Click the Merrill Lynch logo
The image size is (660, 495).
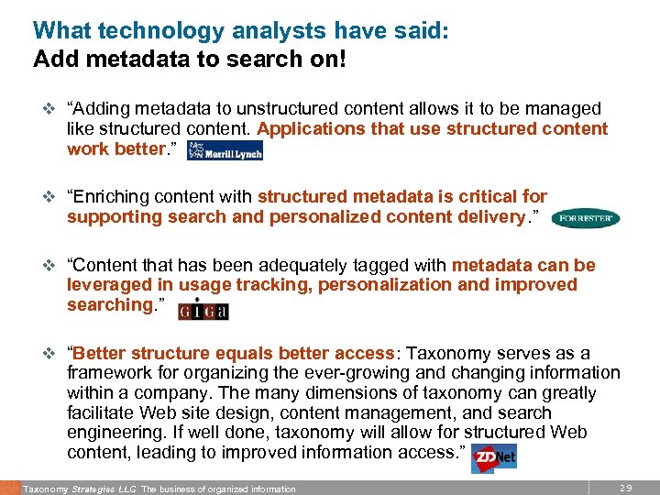point(225,151)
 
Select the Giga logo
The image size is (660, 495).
point(203,310)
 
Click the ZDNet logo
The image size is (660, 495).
point(493,457)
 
